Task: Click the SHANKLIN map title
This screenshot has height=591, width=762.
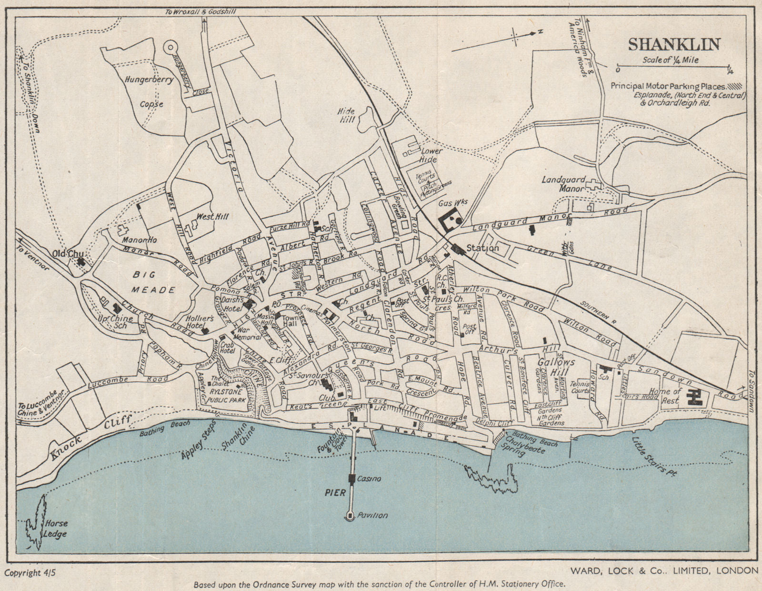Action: [673, 44]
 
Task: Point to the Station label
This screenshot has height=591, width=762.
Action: [482, 248]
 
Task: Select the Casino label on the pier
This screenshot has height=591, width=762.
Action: [369, 479]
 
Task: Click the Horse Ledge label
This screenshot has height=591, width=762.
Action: [55, 529]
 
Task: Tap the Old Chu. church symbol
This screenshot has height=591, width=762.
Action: [82, 261]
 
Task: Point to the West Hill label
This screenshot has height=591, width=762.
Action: [212, 217]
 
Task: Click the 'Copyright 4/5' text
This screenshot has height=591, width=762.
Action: [30, 572]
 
